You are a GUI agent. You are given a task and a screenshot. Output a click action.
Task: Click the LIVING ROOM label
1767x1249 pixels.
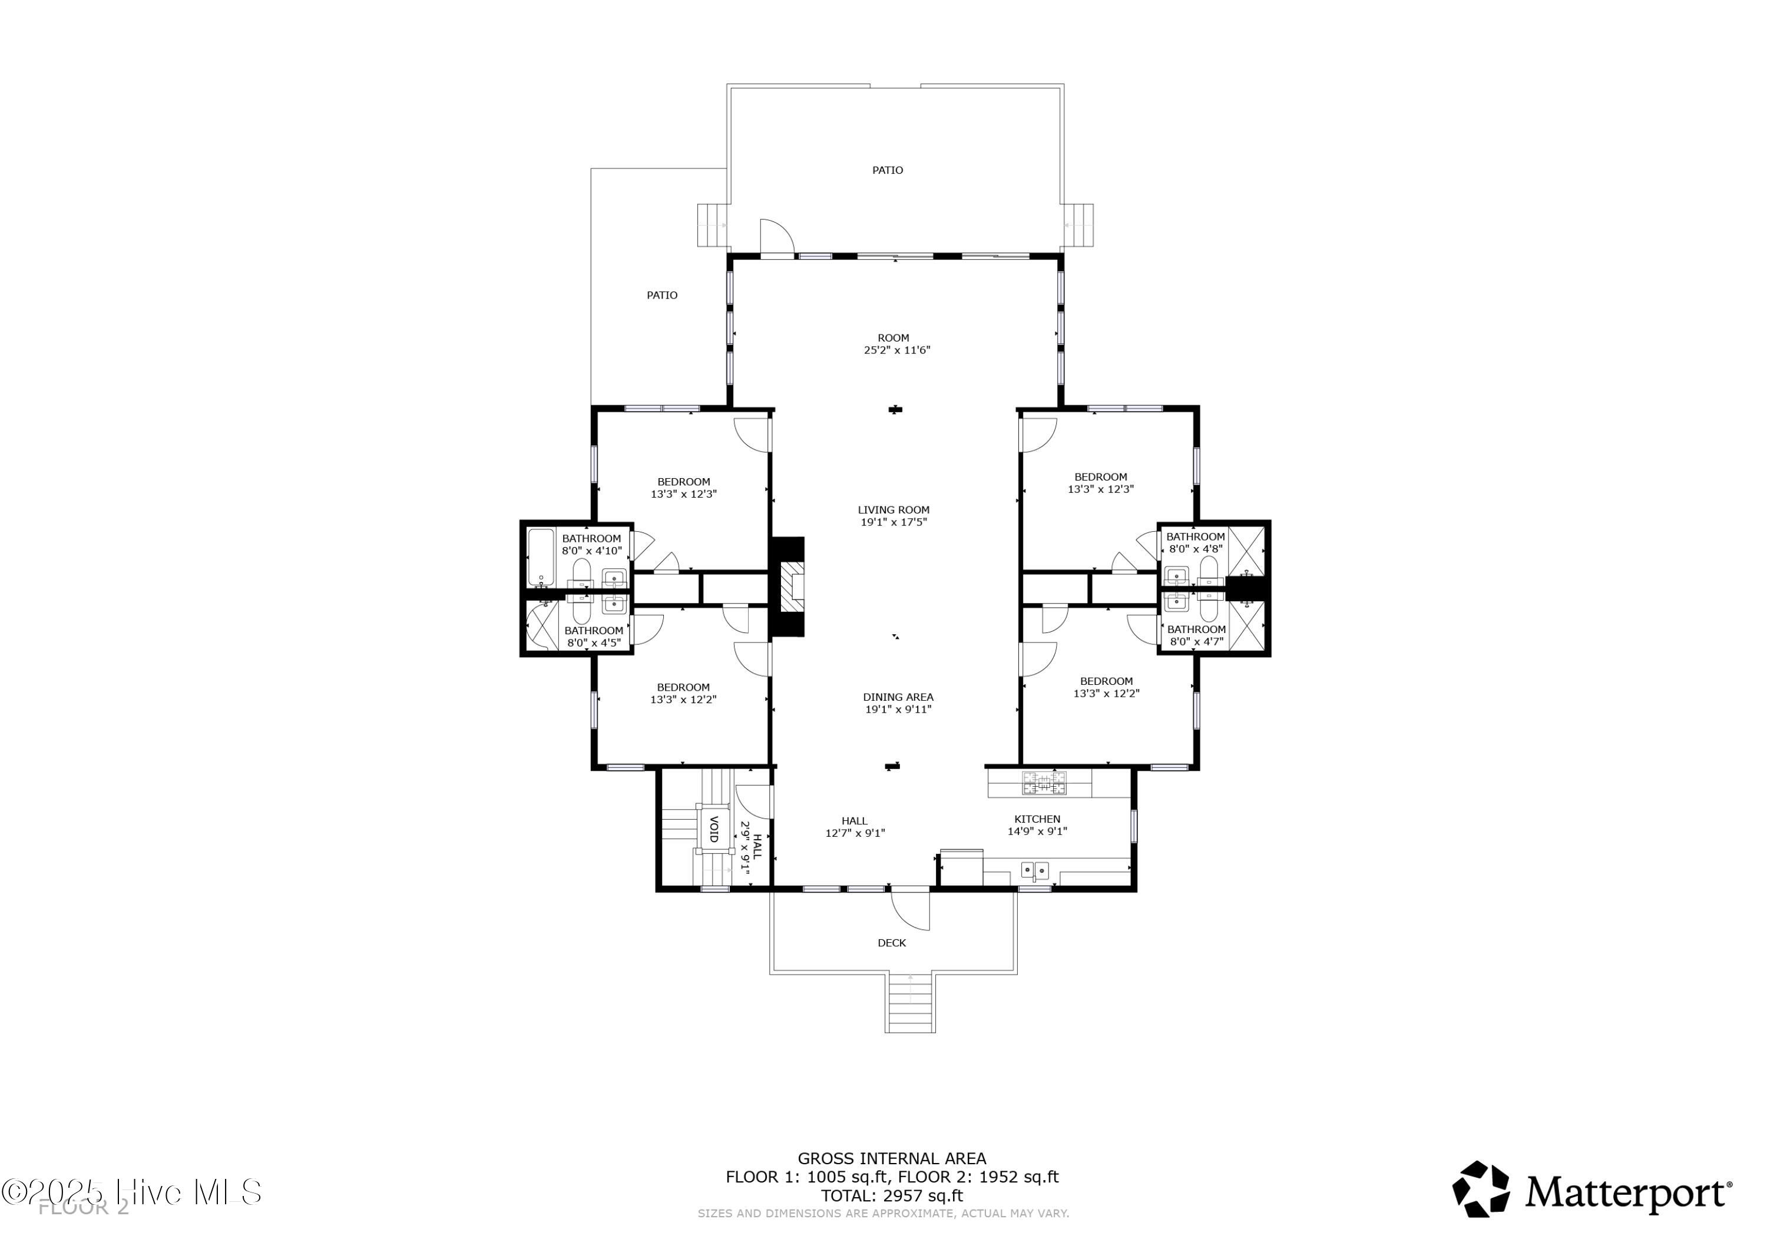(893, 509)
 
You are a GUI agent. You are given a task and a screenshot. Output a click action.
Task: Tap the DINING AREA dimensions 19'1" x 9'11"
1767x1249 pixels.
(898, 710)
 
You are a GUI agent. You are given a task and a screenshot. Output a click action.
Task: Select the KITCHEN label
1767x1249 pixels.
(1037, 819)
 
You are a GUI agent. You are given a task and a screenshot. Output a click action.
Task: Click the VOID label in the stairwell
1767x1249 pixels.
(713, 829)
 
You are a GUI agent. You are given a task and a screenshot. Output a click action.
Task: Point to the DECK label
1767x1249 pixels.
(891, 943)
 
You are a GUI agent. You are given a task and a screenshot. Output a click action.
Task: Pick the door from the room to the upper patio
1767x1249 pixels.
(776, 237)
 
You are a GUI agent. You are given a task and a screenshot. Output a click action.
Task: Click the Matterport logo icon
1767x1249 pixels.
(1480, 1189)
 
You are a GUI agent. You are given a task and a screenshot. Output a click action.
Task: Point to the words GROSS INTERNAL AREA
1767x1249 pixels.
(891, 1158)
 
